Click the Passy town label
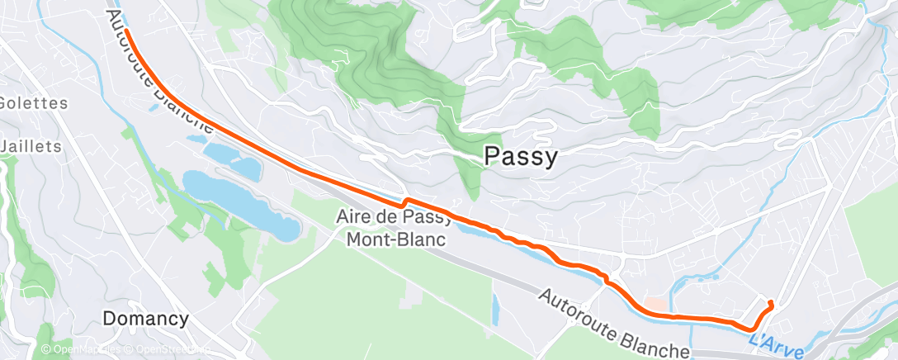pyautogui.click(x=520, y=157)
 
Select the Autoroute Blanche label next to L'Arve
pyautogui.click(x=614, y=324)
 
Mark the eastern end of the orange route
pyautogui.click(x=771, y=303)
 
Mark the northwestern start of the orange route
pyautogui.click(x=127, y=31)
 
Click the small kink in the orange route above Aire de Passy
pyautogui.click(x=404, y=201)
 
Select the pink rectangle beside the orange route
pyautogui.click(x=655, y=306)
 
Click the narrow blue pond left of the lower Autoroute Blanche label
pyautogui.click(x=494, y=309)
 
